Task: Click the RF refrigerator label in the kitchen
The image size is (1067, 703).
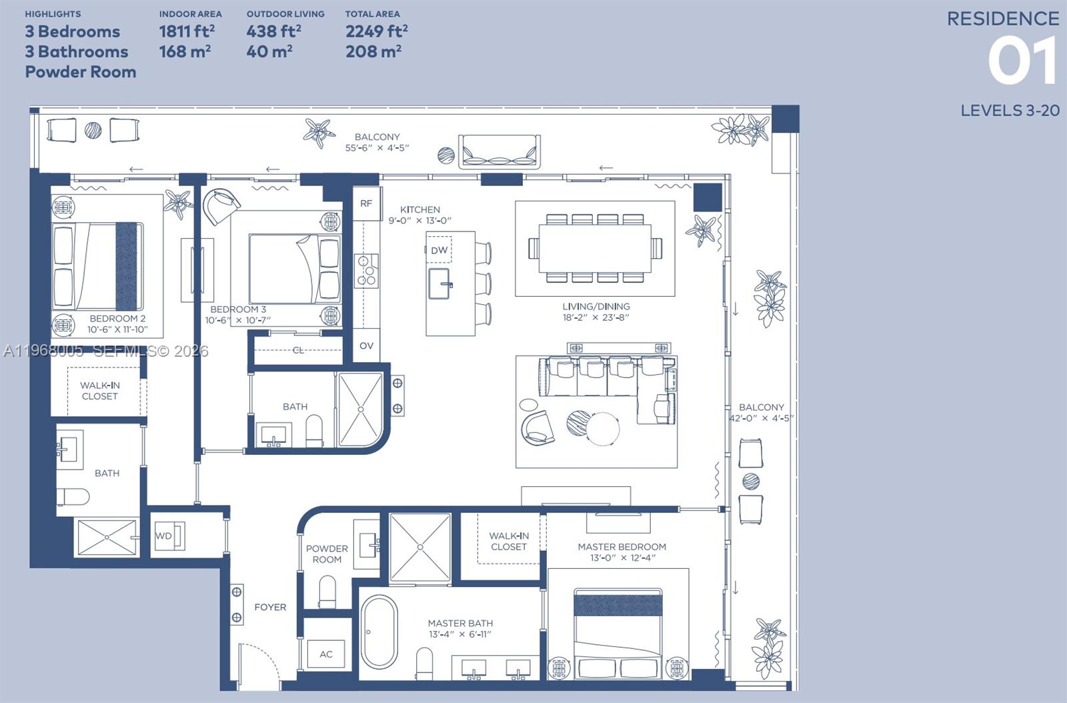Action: (x=366, y=203)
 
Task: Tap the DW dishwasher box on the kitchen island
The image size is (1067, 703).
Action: (x=439, y=251)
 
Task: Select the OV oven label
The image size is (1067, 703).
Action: (x=366, y=345)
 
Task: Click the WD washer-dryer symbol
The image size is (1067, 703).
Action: (x=164, y=536)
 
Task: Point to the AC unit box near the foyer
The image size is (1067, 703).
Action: (x=326, y=654)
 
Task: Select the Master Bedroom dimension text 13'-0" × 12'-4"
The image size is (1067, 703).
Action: (x=622, y=558)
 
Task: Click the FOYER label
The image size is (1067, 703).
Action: (x=270, y=607)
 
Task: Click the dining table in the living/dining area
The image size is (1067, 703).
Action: (x=595, y=248)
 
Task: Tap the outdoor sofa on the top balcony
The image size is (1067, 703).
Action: (x=499, y=151)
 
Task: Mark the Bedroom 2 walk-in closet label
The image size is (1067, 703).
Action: (x=99, y=390)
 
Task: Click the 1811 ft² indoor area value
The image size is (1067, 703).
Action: (x=186, y=31)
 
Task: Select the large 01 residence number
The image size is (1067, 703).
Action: (x=1022, y=61)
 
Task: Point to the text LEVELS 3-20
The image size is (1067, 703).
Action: (x=1009, y=111)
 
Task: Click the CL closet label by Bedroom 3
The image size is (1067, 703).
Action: (x=298, y=349)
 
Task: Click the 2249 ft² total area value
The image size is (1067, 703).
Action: (x=376, y=31)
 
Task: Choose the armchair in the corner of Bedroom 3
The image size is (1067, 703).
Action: (x=221, y=205)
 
